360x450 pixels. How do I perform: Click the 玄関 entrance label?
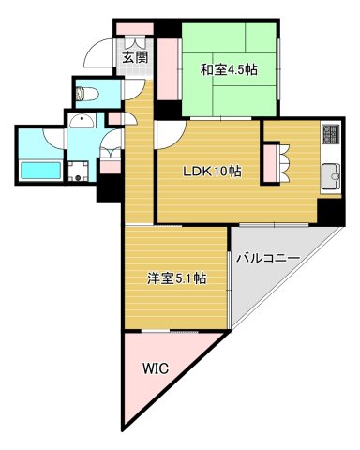point(134,57)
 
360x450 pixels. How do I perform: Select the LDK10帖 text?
point(211,171)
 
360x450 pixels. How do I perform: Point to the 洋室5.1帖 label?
point(176,278)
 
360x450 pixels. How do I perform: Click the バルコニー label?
point(267,257)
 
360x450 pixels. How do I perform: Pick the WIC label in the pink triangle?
point(156,368)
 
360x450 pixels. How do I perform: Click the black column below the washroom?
point(110,187)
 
